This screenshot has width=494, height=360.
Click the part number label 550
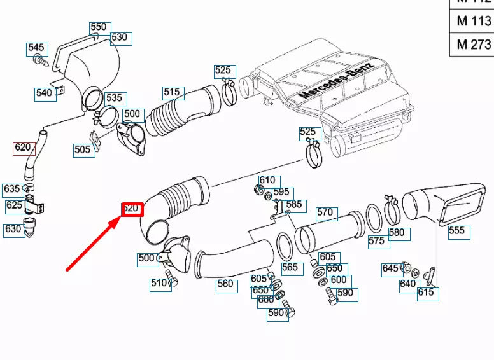point(99,27)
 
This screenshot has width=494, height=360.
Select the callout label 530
point(120,38)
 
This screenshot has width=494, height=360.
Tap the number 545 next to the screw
point(36,48)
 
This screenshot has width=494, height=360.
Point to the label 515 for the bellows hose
point(172,92)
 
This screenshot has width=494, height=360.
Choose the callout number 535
point(114,99)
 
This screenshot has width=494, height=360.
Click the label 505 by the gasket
point(82,150)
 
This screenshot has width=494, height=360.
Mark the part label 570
point(325,212)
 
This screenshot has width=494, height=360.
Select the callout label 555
point(456,231)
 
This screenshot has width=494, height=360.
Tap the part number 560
point(225,284)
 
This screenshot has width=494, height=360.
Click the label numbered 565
point(290,268)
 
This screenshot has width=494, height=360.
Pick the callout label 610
point(267,181)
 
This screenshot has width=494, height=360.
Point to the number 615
point(426,293)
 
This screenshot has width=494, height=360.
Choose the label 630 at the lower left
point(13,230)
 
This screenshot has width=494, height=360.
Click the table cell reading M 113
point(474,20)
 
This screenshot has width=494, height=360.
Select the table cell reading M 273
point(474,44)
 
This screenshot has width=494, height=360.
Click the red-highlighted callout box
point(132,209)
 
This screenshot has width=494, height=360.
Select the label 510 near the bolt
point(159,284)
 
